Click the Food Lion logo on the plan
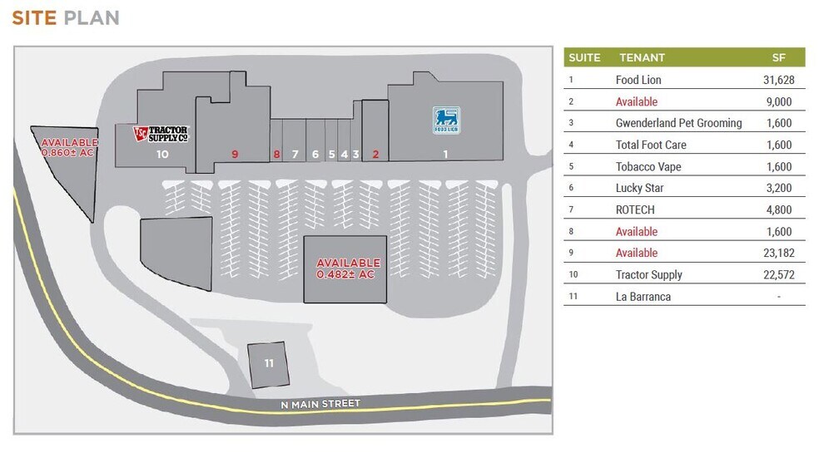click(x=447, y=121)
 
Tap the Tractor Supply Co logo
click(x=161, y=134)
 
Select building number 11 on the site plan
click(x=269, y=365)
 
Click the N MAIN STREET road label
click(x=320, y=404)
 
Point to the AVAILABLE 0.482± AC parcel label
click(x=348, y=268)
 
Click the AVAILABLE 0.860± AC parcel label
click(x=69, y=147)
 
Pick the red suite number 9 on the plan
click(x=235, y=155)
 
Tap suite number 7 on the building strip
click(x=295, y=155)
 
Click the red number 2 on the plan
click(x=375, y=155)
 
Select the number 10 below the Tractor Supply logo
click(x=162, y=155)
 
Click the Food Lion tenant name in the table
click(x=638, y=80)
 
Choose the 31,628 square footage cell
click(x=779, y=80)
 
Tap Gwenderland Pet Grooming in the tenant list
click(x=678, y=123)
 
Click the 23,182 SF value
click(x=779, y=253)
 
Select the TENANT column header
click(x=642, y=58)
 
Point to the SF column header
click(x=779, y=58)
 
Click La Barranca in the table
click(x=643, y=297)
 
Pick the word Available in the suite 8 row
click(x=636, y=231)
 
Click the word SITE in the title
click(x=34, y=17)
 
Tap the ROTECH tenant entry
click(x=634, y=209)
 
